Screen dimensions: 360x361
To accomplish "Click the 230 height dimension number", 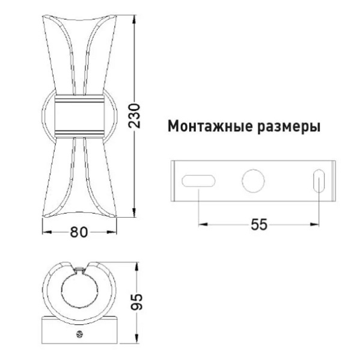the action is point(135,116).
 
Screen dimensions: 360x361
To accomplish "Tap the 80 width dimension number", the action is point(79,232).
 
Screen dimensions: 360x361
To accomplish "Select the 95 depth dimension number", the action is point(136,302).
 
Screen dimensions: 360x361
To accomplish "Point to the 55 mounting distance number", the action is point(259,224).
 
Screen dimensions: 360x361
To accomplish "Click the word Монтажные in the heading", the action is point(210,126).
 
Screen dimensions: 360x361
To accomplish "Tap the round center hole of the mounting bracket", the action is point(253,180).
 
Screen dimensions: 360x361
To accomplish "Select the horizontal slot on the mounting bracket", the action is point(198,180).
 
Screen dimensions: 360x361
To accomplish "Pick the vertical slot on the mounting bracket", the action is point(319,180).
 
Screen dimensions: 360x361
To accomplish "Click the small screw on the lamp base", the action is point(79,334).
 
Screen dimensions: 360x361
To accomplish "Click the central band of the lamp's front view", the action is point(79,116).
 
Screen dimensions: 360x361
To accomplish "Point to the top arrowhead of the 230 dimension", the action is point(135,19).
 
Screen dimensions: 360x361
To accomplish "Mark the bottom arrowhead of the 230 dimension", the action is point(135,213).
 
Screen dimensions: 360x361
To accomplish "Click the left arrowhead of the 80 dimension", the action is point(47,232).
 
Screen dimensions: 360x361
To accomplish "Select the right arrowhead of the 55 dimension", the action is point(315,224).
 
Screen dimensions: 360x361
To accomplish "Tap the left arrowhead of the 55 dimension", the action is point(203,224).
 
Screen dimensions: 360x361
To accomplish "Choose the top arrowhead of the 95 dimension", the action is point(138,267).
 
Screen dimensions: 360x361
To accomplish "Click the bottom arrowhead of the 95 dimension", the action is point(138,339).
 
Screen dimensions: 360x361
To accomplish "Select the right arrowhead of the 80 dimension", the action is point(112,232).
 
